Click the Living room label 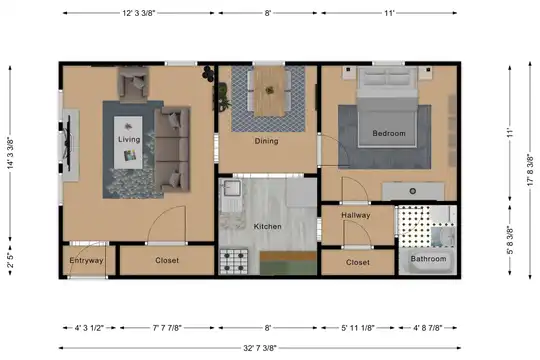pos(129,140)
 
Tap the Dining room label pos(267,141)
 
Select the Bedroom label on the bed pos(389,133)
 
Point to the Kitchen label pos(268,226)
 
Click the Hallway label pos(356,215)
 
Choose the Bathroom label pos(428,259)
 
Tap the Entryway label pos(86,260)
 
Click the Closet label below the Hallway pos(358,263)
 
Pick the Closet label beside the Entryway pos(167,260)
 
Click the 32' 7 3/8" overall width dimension pos(260,348)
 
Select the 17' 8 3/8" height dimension pos(530,170)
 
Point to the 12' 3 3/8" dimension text pos(139,13)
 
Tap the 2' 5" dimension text pos(10,260)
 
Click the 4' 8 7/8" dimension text pos(428,328)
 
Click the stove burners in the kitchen pos(234,262)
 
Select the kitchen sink pos(231,188)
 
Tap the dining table pos(269,91)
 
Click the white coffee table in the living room pos(128,142)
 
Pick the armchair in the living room pos(134,84)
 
